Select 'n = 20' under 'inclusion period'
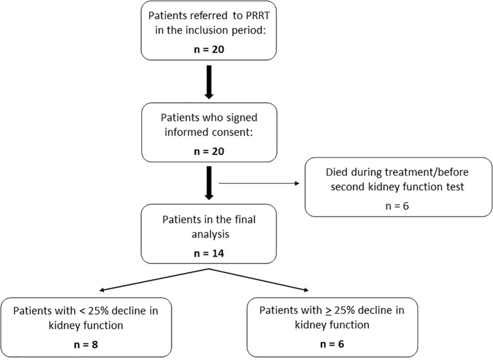[209, 50]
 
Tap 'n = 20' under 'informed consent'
[209, 151]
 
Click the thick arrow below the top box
[209, 82]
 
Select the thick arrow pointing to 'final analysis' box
[209, 183]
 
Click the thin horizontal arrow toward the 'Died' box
[259, 183]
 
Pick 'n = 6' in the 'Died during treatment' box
[397, 206]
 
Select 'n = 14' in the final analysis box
[209, 253]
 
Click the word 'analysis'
[210, 235]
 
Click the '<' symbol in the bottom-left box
[82, 311]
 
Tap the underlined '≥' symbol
[328, 310]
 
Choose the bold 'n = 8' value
[86, 345]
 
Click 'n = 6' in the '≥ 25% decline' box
[332, 344]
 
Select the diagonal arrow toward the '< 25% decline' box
[154, 280]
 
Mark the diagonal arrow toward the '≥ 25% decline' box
[259, 280]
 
